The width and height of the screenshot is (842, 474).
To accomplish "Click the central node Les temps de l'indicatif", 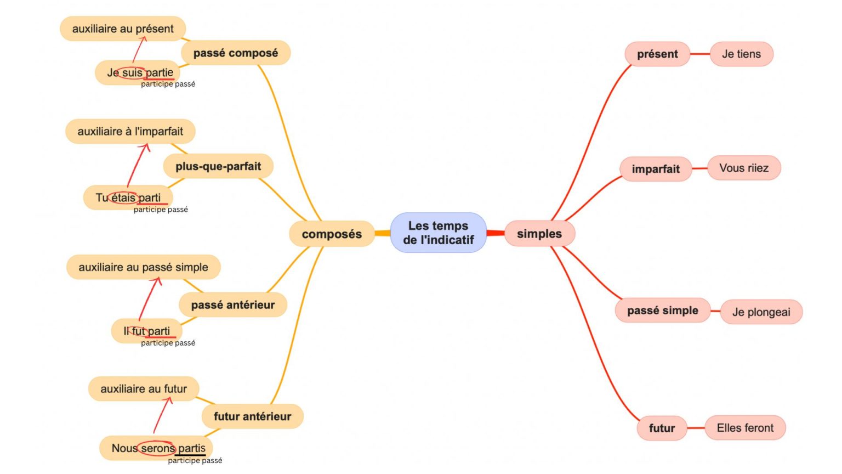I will (x=438, y=233).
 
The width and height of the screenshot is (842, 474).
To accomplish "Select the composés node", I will (x=332, y=234).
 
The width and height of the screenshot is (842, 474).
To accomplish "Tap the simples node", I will (x=539, y=234).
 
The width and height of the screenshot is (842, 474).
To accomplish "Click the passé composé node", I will (x=236, y=53).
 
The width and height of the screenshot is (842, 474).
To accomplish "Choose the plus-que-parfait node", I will (x=218, y=166).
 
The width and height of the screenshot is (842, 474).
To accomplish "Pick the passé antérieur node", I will (x=233, y=305).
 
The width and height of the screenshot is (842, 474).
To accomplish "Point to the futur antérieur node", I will (x=252, y=416).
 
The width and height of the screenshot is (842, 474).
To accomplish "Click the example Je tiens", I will (x=741, y=54).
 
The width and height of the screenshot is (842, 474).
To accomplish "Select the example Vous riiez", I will (x=744, y=168).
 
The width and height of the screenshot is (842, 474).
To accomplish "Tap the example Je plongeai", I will (x=761, y=312).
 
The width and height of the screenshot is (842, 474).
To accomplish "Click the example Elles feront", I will (x=745, y=428).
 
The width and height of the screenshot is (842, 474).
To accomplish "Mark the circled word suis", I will (x=132, y=72).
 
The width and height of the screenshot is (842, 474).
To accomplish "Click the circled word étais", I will (x=123, y=198).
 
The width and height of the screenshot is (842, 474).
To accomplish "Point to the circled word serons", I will (x=157, y=448).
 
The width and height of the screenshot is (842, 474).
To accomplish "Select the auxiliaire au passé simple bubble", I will (x=143, y=267).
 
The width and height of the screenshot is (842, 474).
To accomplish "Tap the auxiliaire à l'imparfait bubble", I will (x=130, y=131).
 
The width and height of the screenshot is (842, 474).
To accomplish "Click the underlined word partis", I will (x=191, y=448).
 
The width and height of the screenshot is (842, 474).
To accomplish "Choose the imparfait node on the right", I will (x=656, y=169).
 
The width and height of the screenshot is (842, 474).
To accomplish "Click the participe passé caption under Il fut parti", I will (x=168, y=343).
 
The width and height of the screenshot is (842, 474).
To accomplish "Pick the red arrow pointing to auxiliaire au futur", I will (x=162, y=415).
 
